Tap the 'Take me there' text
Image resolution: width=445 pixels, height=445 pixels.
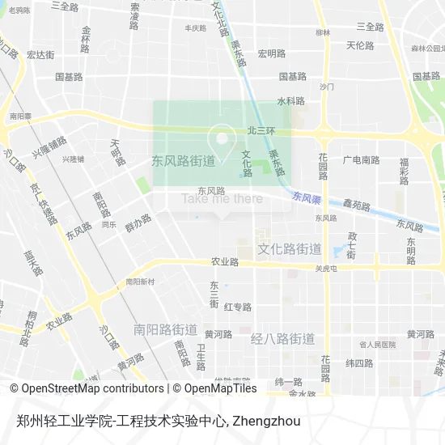(x=222, y=198)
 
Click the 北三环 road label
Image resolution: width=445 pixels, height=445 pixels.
(x=261, y=130)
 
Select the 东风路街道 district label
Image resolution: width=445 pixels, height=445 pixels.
(x=183, y=160)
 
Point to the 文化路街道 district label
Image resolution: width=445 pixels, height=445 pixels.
(x=289, y=248)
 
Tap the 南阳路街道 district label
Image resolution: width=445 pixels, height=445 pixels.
(x=165, y=329)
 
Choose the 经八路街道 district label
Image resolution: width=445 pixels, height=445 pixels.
(x=282, y=338)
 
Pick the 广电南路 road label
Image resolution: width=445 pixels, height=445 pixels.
(x=361, y=160)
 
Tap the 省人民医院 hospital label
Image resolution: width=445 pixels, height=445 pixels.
(x=378, y=344)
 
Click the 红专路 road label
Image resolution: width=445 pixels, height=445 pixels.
(x=238, y=307)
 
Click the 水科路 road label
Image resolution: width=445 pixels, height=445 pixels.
(x=290, y=101)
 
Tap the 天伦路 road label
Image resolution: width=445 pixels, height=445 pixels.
(x=360, y=45)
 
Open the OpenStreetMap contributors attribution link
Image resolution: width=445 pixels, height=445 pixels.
(x=87, y=388)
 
